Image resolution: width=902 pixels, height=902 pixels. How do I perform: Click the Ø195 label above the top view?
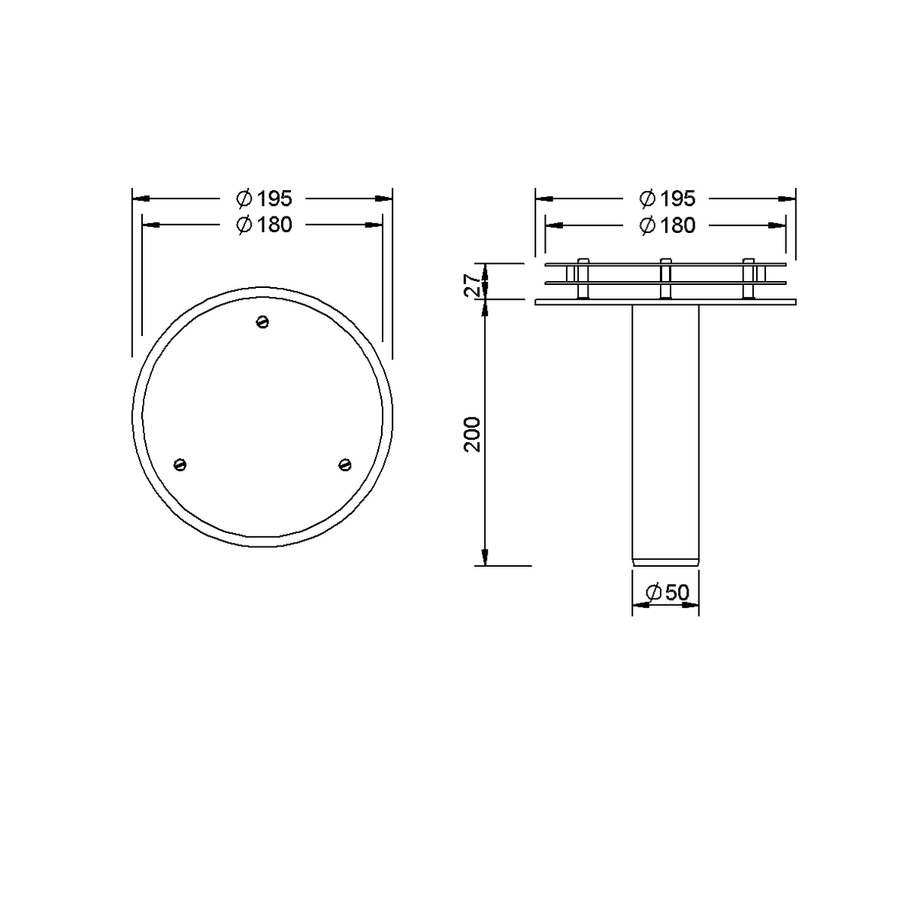[264, 198]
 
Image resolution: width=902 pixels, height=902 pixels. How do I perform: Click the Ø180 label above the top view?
[264, 225]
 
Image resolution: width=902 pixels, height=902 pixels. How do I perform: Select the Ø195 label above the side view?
[667, 198]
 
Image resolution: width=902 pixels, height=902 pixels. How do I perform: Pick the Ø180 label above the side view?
[667, 225]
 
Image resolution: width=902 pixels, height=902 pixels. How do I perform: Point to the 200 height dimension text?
[472, 434]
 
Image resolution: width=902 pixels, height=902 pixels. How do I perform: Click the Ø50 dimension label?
[667, 592]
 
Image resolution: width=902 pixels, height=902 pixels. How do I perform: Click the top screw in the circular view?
[262, 322]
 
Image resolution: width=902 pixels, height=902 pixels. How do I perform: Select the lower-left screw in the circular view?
[180, 465]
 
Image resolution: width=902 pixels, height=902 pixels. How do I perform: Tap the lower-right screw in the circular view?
[345, 465]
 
